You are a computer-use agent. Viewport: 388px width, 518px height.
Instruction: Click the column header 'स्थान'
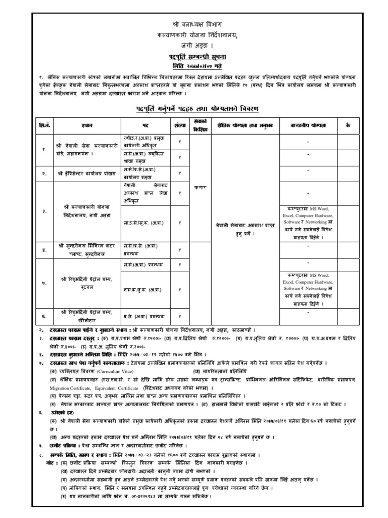tap(83, 124)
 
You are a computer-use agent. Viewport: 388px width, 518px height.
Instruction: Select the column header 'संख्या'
tap(180, 124)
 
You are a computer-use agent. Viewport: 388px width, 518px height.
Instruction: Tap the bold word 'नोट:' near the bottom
tap(51, 462)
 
